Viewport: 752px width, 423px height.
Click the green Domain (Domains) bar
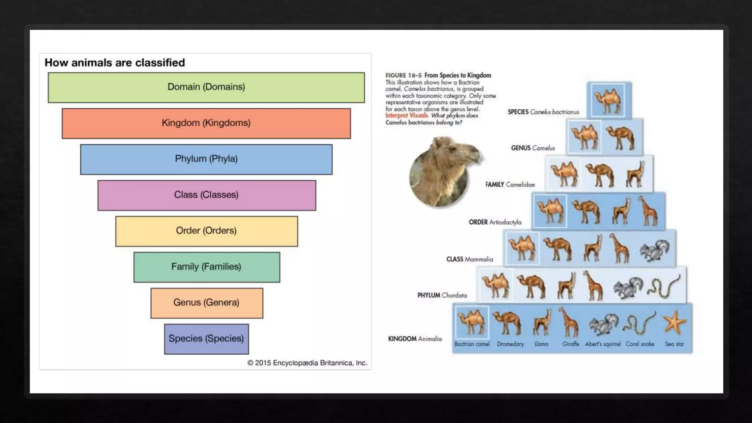tap(206, 87)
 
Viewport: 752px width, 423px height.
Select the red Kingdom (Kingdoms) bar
tap(206, 123)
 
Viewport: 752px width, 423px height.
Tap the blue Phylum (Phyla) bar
tap(206, 159)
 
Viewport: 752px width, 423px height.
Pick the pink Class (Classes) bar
tap(206, 195)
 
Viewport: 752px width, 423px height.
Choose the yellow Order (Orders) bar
tap(206, 231)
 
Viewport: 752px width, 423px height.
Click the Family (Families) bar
tap(206, 267)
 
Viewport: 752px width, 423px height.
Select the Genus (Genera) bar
tap(206, 303)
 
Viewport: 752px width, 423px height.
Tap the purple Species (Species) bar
tap(206, 339)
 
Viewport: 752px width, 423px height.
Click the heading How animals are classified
tap(115, 63)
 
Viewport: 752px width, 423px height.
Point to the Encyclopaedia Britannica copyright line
tap(307, 363)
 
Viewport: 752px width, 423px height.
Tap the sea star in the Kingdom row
tap(675, 323)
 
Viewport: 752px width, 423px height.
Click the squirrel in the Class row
tap(654, 250)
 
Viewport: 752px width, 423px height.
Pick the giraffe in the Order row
tap(648, 211)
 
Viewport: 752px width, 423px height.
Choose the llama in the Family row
tap(635, 175)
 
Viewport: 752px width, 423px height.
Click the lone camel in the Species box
tap(608, 101)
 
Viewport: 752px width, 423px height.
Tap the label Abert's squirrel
tap(603, 344)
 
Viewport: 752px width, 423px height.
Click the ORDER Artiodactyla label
tap(495, 222)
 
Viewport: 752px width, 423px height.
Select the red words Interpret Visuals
tap(406, 116)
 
